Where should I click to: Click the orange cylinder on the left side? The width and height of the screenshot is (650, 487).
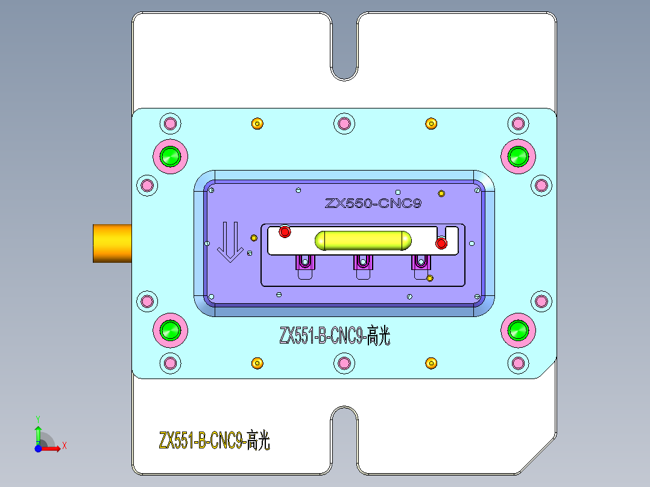tap(112, 243)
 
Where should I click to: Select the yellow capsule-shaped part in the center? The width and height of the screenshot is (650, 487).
tap(363, 240)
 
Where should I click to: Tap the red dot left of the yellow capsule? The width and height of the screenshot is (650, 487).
tap(285, 231)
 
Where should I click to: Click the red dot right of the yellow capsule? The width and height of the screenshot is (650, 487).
tap(441, 243)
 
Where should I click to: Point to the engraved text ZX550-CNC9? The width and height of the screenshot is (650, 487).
tap(373, 204)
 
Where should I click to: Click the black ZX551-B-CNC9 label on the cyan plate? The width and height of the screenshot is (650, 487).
tap(335, 336)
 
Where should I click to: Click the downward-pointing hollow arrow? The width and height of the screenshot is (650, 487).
tap(229, 242)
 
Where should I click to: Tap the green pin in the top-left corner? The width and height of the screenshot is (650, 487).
tap(170, 156)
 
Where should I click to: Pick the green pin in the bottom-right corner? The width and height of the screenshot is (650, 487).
tap(518, 330)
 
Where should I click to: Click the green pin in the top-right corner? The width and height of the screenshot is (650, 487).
tap(518, 156)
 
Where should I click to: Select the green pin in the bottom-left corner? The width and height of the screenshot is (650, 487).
tap(170, 330)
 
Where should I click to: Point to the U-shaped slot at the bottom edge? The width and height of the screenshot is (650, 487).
tap(344, 440)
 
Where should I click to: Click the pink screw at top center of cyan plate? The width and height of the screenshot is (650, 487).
tap(344, 124)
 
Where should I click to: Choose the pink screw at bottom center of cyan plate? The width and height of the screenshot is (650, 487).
tap(344, 363)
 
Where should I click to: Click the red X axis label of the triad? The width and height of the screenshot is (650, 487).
tap(64, 445)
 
